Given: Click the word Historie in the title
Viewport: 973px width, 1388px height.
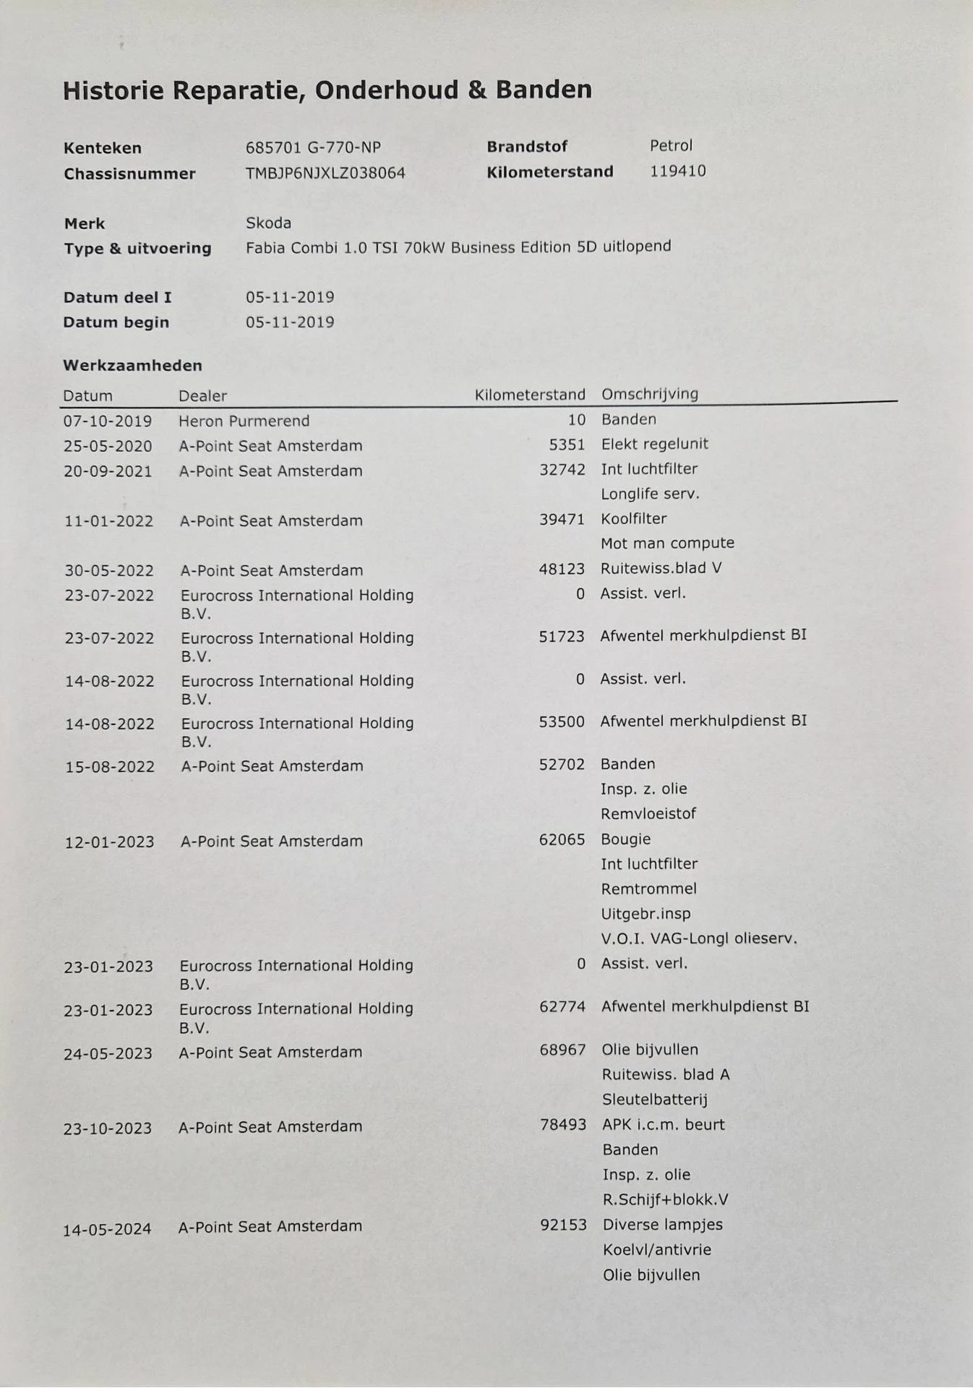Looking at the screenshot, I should pos(113,91).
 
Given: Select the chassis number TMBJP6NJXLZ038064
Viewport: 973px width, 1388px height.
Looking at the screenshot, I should pos(325,173).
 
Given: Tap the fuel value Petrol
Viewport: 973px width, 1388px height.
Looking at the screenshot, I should pos(671,146).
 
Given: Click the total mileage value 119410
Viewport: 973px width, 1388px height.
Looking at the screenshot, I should pos(677,171).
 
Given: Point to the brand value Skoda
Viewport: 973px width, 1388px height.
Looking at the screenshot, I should pos(268,223).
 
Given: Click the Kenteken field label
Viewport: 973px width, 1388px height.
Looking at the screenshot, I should pos(103,148).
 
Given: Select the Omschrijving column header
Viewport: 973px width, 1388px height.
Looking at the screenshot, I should pos(650,394).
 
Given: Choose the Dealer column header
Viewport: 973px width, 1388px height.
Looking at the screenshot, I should pos(202,395).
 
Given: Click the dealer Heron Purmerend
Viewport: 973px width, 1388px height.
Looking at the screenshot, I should pos(244,421).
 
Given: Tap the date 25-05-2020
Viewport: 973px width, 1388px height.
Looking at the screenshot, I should pos(108,446).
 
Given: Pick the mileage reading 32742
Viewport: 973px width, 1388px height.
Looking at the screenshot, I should pos(562,470).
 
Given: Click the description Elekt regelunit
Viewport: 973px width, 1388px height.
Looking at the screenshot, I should pos(654,444).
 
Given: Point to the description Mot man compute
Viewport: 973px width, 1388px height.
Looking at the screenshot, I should pos(667,543).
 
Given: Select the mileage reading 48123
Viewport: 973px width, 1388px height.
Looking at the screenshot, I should pos(561,569).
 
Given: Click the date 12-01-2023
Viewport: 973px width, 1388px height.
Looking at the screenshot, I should pos(109,841).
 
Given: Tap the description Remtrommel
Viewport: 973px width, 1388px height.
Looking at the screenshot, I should pos(648,888).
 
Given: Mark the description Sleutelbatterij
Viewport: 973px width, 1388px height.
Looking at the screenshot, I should pos(654,1100).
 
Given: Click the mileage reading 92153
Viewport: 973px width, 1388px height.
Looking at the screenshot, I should pos(563,1225).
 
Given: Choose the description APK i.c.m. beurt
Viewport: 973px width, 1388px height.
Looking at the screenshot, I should pos(663,1125).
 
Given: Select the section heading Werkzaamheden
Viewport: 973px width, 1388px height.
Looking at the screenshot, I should pos(132,366).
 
